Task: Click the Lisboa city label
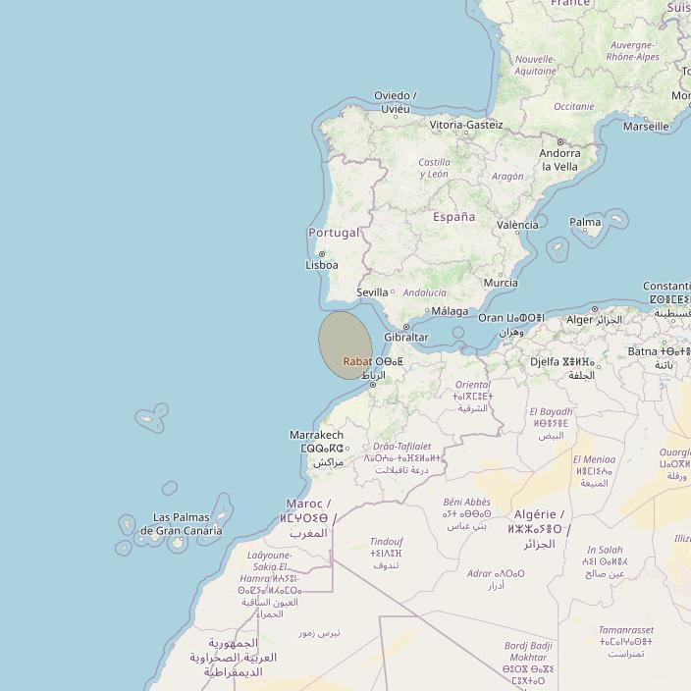(x=322, y=265)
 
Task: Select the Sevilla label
(x=372, y=292)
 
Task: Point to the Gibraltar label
(x=406, y=338)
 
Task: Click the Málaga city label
(x=451, y=311)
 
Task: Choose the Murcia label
(x=501, y=283)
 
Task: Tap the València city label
(x=517, y=225)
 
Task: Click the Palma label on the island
(x=585, y=222)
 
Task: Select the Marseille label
(x=646, y=127)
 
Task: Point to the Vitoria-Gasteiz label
(x=466, y=125)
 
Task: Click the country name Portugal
(x=334, y=233)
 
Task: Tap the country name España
(x=453, y=217)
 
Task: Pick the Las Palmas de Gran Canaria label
(x=181, y=524)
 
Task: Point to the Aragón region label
(x=507, y=177)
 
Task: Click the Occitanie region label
(x=573, y=107)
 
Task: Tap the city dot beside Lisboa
(x=322, y=253)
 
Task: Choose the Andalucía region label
(x=424, y=292)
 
